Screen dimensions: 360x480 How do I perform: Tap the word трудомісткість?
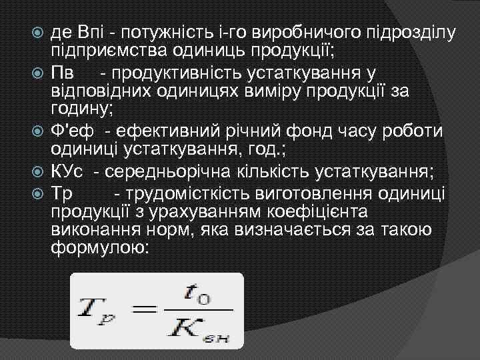189,193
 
